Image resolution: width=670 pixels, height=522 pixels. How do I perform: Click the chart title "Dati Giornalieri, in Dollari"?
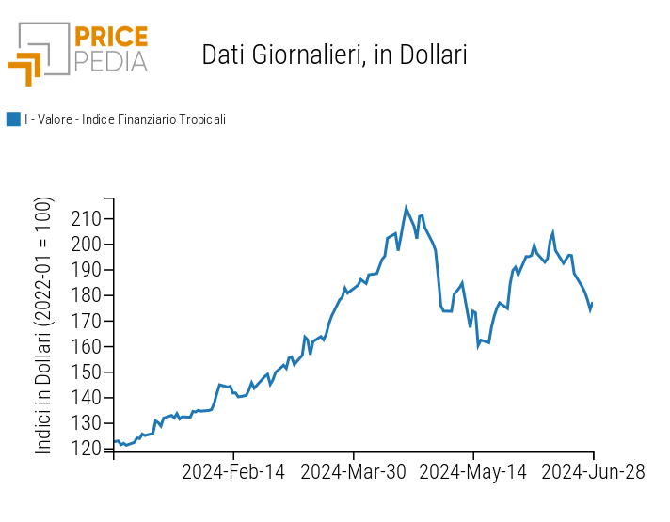(334, 55)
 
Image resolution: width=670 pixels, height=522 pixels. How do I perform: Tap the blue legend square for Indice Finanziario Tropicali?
(13, 119)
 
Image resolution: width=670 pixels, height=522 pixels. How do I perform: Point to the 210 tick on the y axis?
(87, 219)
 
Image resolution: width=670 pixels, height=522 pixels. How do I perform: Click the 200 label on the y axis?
(87, 245)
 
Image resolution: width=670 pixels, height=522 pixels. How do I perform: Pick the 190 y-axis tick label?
(87, 270)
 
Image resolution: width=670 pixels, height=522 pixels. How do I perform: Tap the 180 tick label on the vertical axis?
(87, 295)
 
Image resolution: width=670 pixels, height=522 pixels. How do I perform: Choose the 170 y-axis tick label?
(87, 321)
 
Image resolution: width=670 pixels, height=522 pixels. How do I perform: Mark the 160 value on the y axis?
(87, 346)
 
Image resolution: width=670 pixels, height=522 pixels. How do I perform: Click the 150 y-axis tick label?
(87, 372)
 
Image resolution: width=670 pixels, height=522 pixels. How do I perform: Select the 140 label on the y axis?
(87, 398)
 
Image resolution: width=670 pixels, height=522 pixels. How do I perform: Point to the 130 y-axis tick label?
(87, 423)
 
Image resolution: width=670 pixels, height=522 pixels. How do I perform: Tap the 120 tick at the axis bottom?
(87, 449)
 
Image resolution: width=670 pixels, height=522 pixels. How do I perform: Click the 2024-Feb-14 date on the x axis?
(233, 472)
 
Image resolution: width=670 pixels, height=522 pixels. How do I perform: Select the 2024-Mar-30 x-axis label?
(353, 472)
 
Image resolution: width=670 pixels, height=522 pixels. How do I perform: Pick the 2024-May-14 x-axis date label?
(472, 472)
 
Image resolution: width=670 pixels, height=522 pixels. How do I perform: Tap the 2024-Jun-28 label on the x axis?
(592, 472)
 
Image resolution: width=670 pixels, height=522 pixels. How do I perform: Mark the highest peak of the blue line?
(407, 208)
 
